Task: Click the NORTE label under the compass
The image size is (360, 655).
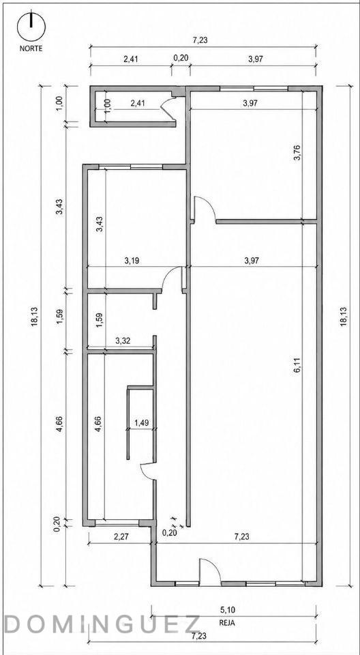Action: [31, 48]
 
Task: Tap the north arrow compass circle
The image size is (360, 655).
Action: [31, 27]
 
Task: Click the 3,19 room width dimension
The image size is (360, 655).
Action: [132, 261]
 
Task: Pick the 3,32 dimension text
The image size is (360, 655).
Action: [123, 341]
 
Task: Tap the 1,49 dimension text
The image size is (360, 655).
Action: [142, 423]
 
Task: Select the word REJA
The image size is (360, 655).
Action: [227, 622]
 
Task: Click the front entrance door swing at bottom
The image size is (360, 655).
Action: [209, 569]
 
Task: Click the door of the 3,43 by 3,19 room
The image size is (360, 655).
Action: [172, 276]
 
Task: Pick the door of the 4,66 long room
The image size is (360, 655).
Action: [147, 471]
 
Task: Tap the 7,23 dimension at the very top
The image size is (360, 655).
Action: [200, 40]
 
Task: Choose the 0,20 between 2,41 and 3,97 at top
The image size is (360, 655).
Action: [181, 58]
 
